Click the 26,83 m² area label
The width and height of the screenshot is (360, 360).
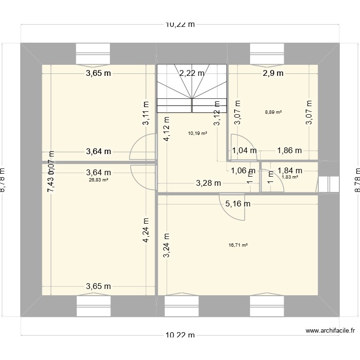point(98,180)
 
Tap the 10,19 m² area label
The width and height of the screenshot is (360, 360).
point(198,133)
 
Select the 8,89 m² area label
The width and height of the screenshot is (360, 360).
point(273,112)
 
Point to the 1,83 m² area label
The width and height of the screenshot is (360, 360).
point(289,177)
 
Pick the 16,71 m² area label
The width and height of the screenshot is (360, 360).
point(238,245)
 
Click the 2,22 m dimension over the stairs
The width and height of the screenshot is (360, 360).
point(192,73)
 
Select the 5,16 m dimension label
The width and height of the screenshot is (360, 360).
point(238,204)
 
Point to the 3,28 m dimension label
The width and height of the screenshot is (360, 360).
point(208,183)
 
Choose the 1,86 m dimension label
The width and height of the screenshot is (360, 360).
point(289,151)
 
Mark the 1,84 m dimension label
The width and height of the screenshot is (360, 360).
point(289,170)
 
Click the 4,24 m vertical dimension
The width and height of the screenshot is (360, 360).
point(145,231)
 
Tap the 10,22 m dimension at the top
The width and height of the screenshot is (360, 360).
point(180,25)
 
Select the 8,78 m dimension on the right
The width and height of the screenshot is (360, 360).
point(356,180)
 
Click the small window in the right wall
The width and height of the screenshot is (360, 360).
point(329,184)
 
